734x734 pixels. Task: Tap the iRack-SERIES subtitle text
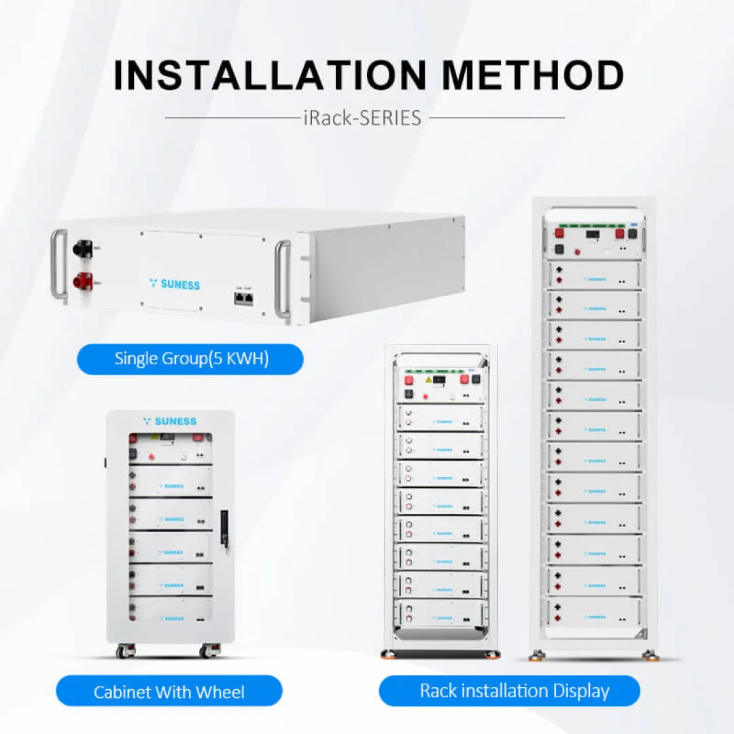362,118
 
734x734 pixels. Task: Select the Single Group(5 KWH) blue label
191,359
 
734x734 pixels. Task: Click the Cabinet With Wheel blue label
169,692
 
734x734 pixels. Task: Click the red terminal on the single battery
85,279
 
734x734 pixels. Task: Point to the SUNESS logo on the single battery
175,283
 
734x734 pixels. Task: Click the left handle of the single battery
58,264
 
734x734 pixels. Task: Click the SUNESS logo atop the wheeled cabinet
170,421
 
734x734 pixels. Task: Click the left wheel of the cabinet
124,651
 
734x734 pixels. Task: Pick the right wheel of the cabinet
207,651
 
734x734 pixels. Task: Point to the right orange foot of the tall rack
650,655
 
